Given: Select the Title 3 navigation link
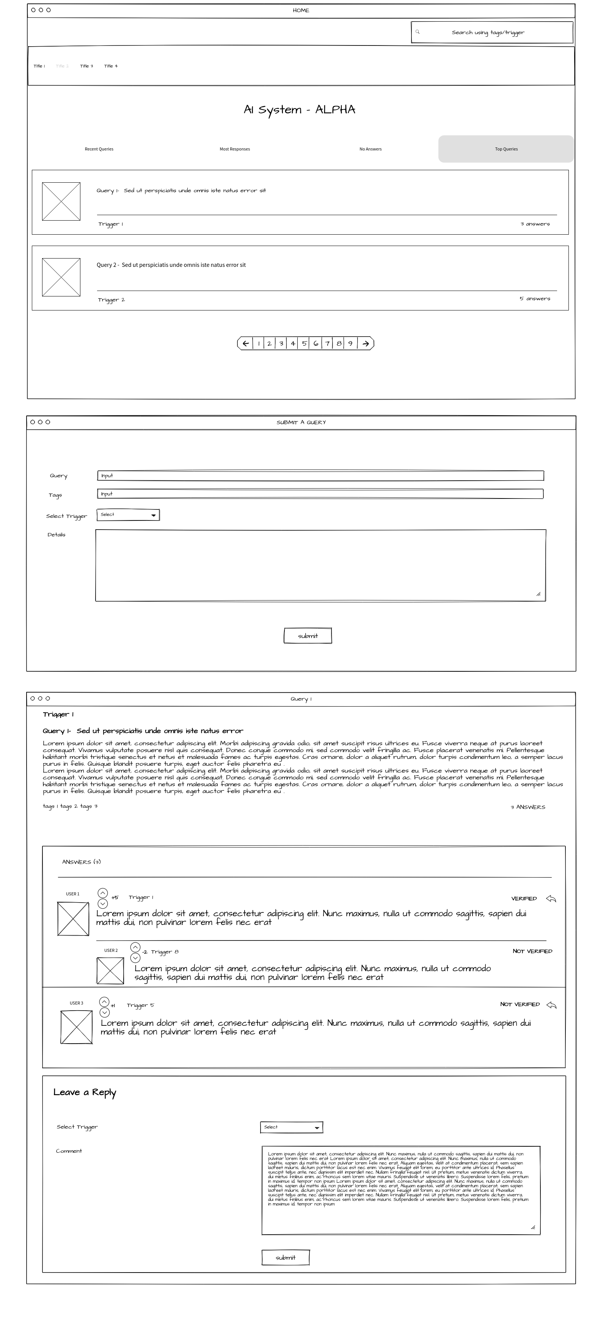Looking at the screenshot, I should [x=86, y=66].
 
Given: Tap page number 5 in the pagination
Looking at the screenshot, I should [x=304, y=343].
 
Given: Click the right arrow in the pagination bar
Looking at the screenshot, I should [x=365, y=343].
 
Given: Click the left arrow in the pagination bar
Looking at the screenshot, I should [x=246, y=343].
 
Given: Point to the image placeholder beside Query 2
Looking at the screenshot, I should [x=61, y=277].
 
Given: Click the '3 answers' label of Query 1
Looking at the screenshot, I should [x=535, y=224].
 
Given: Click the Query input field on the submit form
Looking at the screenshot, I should [x=320, y=476].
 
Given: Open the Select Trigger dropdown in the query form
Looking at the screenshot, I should [x=128, y=515].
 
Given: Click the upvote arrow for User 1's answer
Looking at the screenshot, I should [x=102, y=893].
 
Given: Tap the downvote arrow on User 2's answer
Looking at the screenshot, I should [x=135, y=958].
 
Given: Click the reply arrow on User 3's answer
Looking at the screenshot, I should [x=551, y=1005].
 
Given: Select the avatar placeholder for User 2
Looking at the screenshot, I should [x=110, y=971].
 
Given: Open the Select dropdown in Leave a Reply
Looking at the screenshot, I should [x=292, y=1127].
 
